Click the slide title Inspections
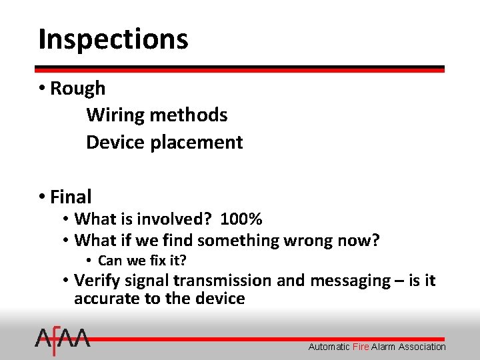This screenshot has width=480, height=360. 113,39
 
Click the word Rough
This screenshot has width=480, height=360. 78,88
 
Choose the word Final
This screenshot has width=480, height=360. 71,197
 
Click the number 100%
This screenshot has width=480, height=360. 241,219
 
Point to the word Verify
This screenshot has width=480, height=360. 96,281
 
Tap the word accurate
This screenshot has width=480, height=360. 106,299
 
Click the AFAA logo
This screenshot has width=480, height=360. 63,341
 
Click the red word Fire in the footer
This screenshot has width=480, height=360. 361,347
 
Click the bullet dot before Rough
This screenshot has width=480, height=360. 42,88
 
